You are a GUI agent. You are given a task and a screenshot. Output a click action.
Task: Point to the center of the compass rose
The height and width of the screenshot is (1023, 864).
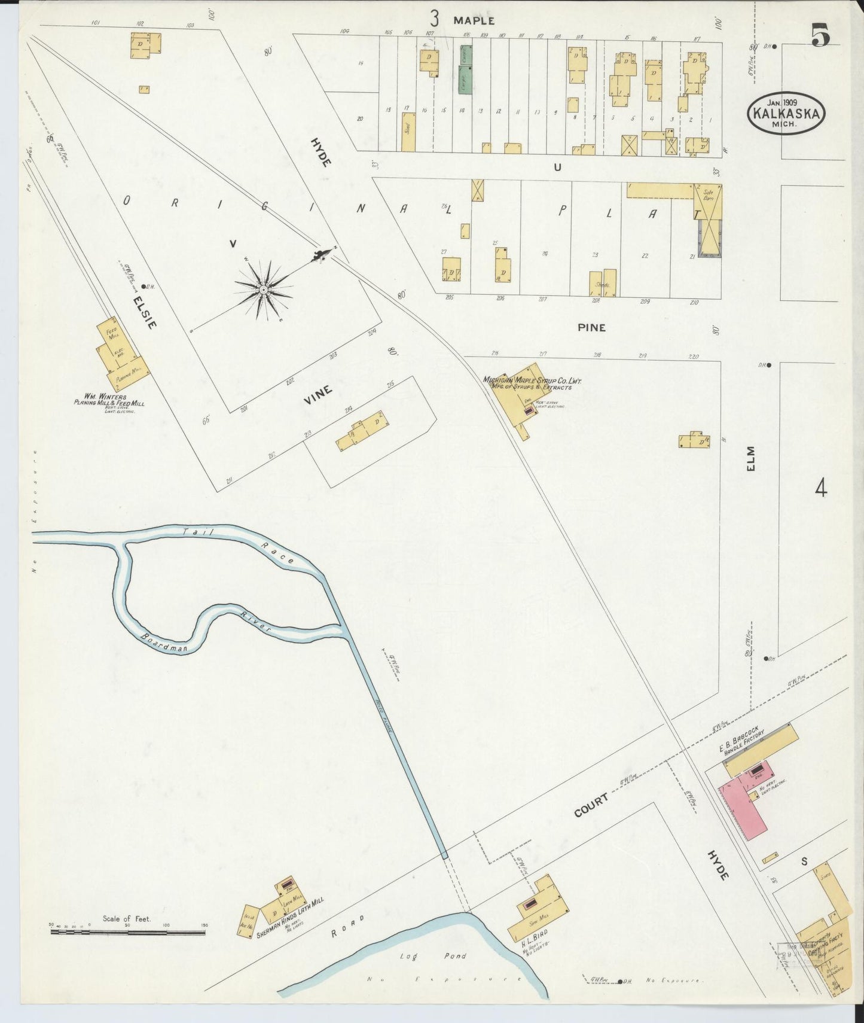tap(263, 290)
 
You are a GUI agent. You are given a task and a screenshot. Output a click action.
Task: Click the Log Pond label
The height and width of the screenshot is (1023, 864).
tap(433, 956)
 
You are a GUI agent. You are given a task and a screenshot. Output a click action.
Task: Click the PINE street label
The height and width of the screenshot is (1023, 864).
tap(591, 327)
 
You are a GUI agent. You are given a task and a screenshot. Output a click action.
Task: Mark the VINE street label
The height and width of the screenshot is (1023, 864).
tap(317, 395)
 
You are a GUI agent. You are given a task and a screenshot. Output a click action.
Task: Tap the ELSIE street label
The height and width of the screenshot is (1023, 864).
tap(145, 311)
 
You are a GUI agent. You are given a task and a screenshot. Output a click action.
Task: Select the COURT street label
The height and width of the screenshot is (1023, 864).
tap(591, 805)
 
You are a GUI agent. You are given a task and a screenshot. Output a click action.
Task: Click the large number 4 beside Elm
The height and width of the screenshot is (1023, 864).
tap(820, 489)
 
